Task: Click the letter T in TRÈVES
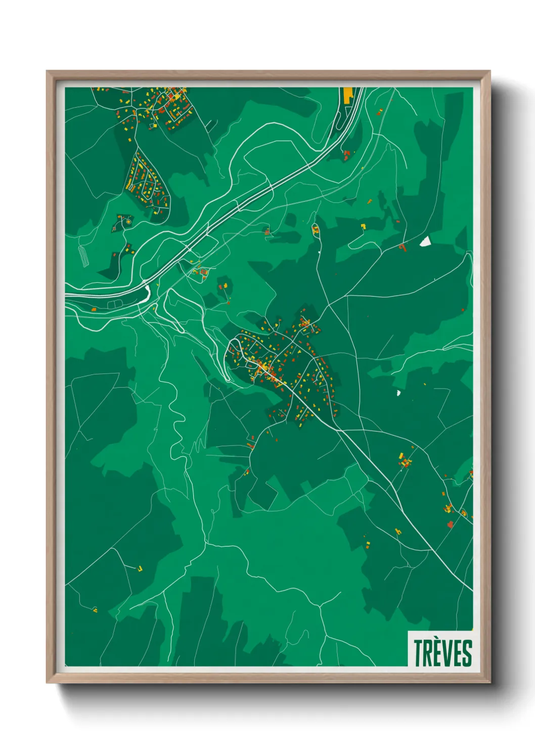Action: point(419,653)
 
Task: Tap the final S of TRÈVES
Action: point(467,653)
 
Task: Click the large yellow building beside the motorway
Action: point(348,95)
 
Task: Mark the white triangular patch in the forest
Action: point(425,241)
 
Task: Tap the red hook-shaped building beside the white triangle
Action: point(403,247)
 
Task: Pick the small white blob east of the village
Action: point(398,392)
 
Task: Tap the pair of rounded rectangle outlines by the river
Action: point(115,304)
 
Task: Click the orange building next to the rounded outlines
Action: point(94,309)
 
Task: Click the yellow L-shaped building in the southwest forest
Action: point(140,569)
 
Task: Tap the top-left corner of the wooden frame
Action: point(48,72)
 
